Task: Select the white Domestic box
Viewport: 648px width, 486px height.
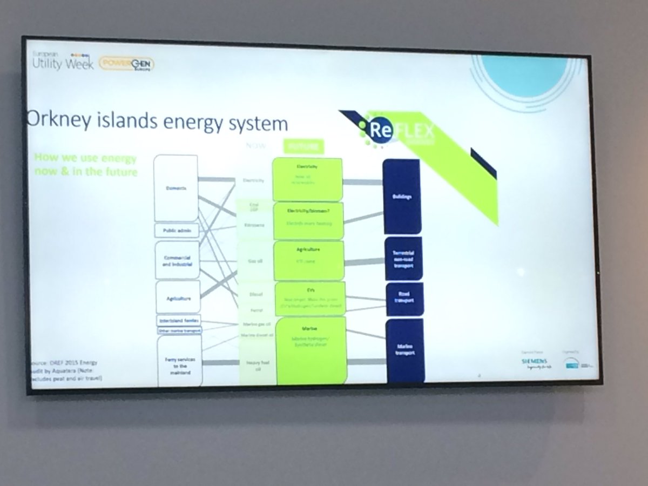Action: click(176, 188)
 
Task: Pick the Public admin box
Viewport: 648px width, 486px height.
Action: click(177, 231)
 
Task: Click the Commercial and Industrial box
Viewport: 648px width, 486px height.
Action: click(177, 260)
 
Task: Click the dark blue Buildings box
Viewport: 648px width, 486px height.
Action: click(401, 197)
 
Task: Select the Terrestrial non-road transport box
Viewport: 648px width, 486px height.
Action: click(403, 259)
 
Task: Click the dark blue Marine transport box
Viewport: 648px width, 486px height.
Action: click(405, 350)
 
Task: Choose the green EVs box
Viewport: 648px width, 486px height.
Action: click(310, 296)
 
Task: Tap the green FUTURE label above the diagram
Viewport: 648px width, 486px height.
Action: click(302, 146)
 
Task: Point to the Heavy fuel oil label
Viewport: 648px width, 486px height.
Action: click(254, 366)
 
